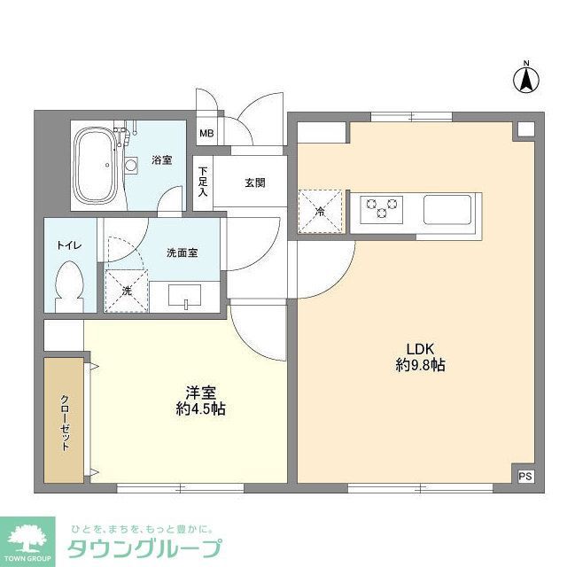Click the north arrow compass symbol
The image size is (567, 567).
[525, 79]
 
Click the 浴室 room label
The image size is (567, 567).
[161, 160]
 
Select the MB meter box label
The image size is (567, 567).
[206, 134]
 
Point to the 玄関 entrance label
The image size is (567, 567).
[255, 183]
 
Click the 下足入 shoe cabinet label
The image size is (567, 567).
[203, 180]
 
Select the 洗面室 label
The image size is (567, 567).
[182, 252]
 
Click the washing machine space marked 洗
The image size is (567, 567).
[125, 291]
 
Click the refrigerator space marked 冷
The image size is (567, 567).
[320, 211]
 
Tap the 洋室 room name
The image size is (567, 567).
[199, 391]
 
